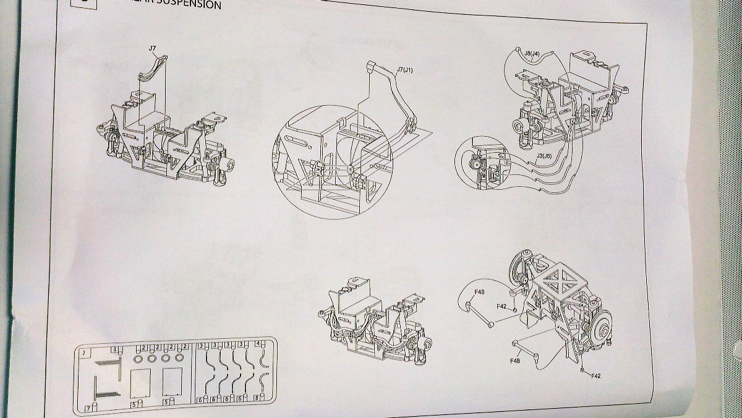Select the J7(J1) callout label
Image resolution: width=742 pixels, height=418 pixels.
click(404, 70)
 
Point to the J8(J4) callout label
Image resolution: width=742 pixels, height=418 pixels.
click(532, 54)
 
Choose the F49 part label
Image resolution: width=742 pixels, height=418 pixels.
click(479, 291)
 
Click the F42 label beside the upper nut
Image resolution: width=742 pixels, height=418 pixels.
click(501, 306)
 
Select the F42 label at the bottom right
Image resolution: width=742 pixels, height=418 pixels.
click(596, 376)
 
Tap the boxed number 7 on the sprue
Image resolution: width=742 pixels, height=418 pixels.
click(88, 408)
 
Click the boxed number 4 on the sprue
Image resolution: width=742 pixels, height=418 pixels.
click(258, 344)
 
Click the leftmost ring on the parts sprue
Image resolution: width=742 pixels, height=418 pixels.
click(137, 358)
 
